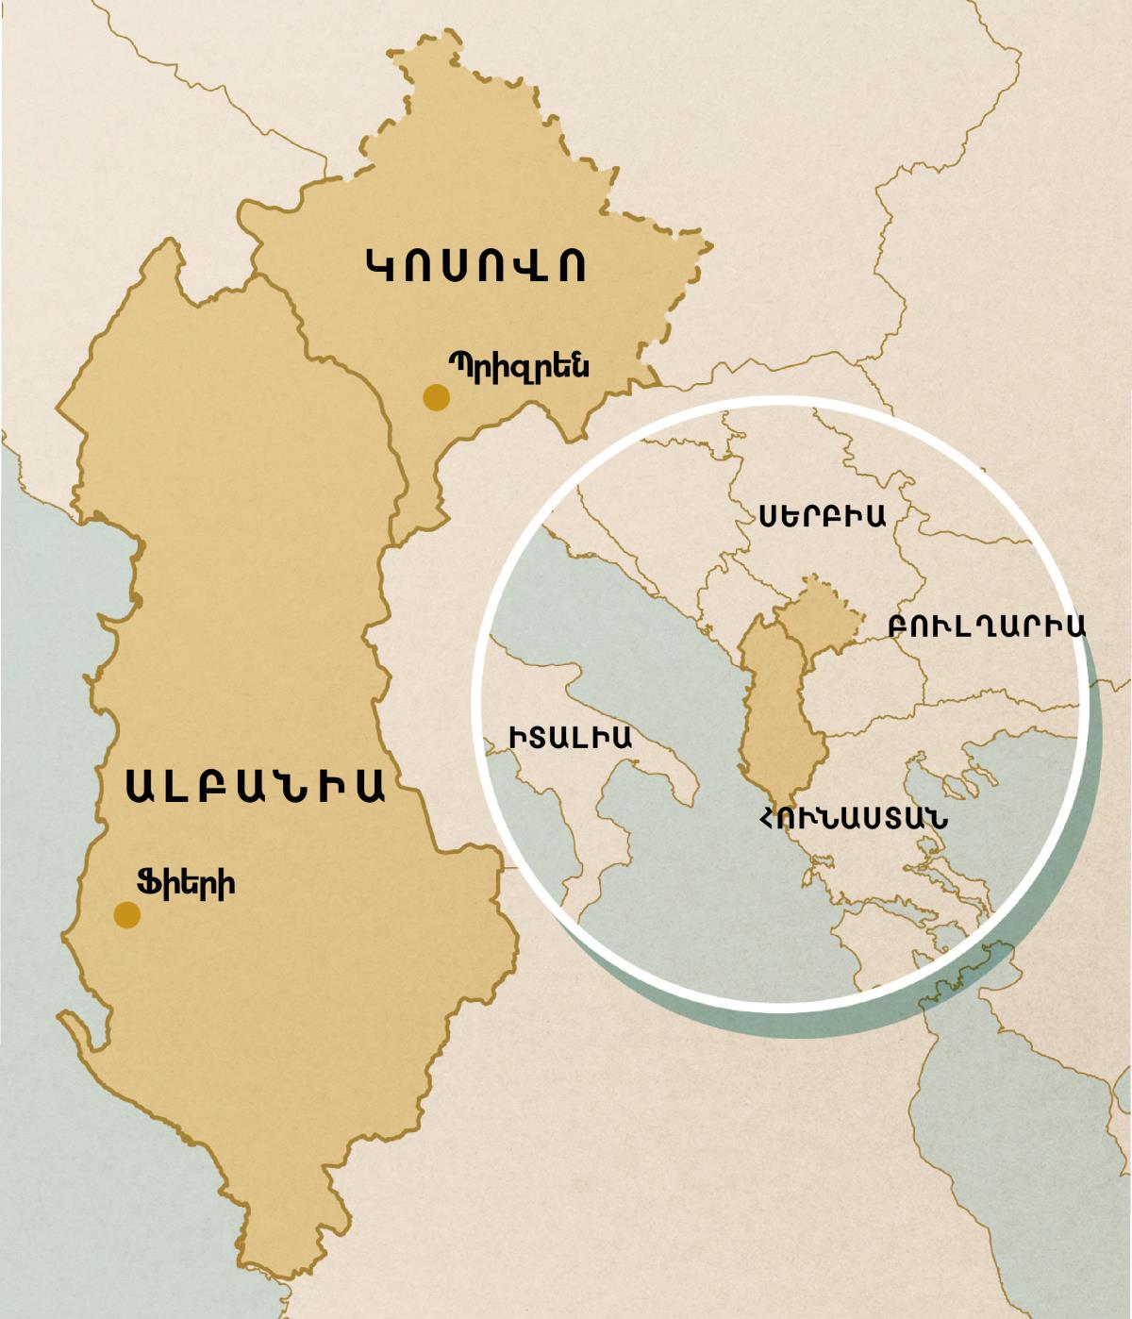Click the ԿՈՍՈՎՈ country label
[475, 265]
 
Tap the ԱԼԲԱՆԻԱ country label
[255, 785]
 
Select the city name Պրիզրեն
[519, 365]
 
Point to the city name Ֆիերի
[186, 883]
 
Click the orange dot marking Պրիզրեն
[436, 397]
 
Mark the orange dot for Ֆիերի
[127, 914]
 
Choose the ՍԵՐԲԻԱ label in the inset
[822, 515]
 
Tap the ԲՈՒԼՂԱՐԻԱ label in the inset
[987, 626]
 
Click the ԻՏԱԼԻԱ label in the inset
[571, 737]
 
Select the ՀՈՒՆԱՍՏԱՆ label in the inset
[854, 817]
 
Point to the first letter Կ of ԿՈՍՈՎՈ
[380, 265]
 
